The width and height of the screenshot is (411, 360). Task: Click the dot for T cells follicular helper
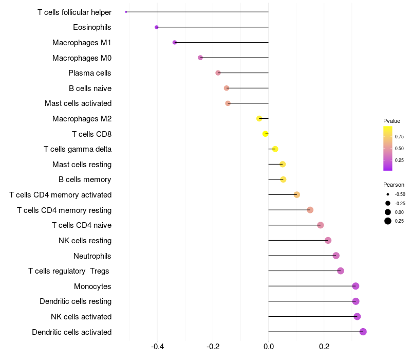[126, 12]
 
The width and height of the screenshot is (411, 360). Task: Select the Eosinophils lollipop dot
[157, 27]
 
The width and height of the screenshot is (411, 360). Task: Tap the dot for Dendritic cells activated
[363, 332]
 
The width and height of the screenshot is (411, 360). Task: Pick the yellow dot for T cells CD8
[266, 134]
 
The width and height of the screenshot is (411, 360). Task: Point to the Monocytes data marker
[356, 286]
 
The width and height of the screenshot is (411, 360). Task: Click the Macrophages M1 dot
[175, 42]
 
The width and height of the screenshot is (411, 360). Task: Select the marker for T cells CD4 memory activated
[297, 194]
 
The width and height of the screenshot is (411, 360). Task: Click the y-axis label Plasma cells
[90, 73]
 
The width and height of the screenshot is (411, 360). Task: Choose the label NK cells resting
[85, 240]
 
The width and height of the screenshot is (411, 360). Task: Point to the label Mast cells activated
[78, 103]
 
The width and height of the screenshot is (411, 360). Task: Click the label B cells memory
[85, 179]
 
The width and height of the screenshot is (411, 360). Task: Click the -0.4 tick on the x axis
[157, 347]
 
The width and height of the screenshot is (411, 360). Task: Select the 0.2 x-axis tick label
[324, 347]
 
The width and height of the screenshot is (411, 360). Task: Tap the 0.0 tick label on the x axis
[269, 347]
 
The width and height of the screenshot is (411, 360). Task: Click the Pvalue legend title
[391, 121]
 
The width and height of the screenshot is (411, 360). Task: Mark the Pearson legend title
[394, 185]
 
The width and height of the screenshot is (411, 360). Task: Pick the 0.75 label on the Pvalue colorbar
[399, 137]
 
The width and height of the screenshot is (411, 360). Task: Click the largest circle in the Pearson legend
[387, 221]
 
